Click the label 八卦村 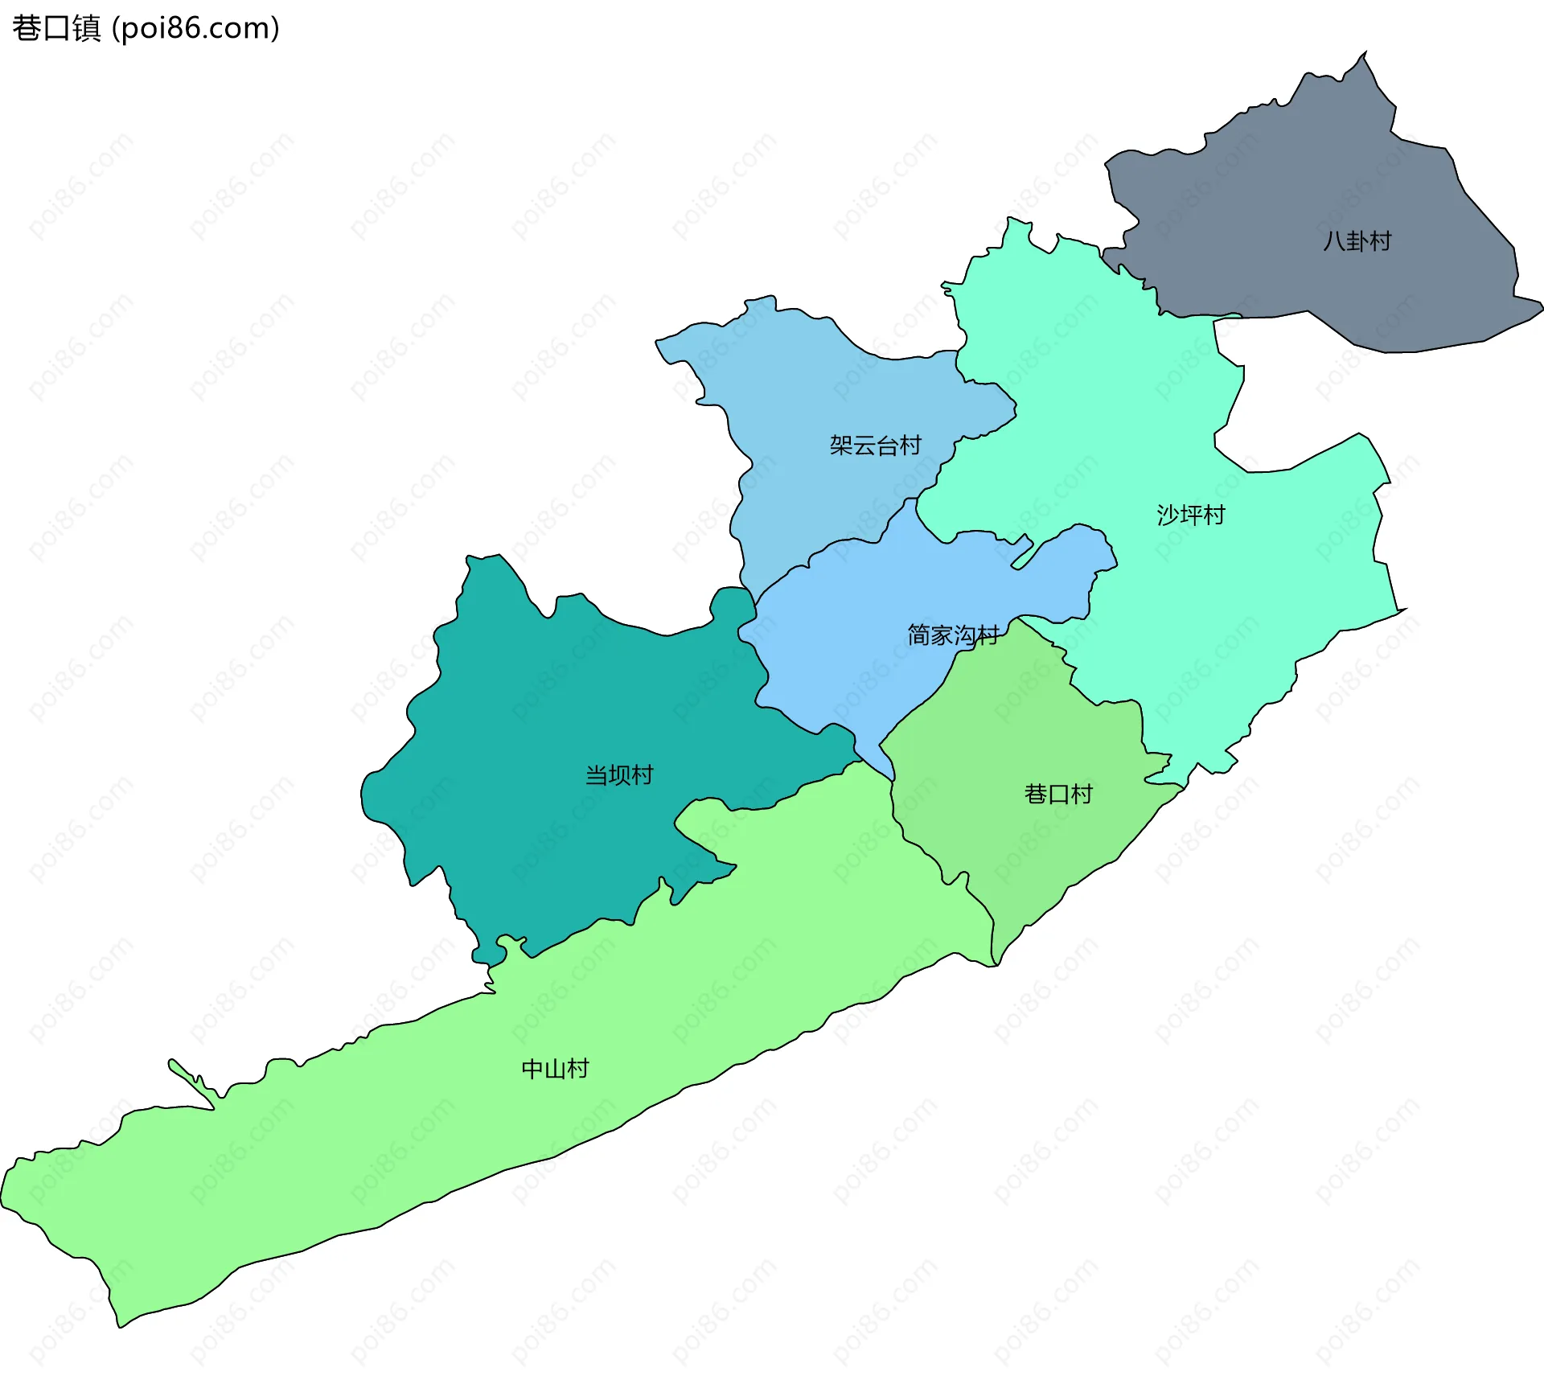click(1357, 241)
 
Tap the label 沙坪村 click(1191, 515)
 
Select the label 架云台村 click(875, 445)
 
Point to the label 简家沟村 click(953, 635)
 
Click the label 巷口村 click(1058, 795)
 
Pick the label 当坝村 click(619, 775)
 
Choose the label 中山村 click(555, 1069)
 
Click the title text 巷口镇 click(56, 28)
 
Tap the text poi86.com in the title click(195, 28)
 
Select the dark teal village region click(563, 708)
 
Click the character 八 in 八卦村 click(1334, 241)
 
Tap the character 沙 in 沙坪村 click(1168, 515)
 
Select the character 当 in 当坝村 click(596, 775)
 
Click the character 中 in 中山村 click(532, 1069)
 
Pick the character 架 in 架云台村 click(841, 445)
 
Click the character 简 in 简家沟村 click(919, 635)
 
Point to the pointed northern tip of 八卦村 click(1364, 55)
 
